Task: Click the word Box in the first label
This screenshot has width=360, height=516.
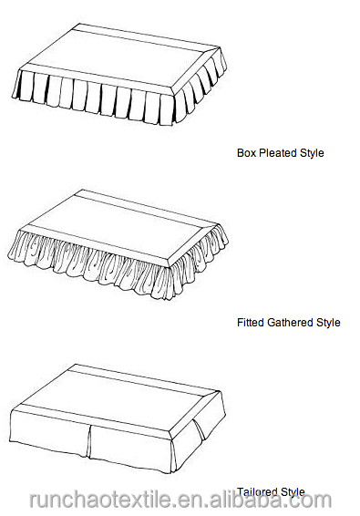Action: pyautogui.click(x=245, y=153)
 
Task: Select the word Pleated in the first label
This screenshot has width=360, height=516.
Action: pyautogui.click(x=277, y=153)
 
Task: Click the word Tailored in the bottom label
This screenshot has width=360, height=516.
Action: pyautogui.click(x=258, y=491)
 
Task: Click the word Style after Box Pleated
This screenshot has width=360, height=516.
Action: pyautogui.click(x=311, y=153)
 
